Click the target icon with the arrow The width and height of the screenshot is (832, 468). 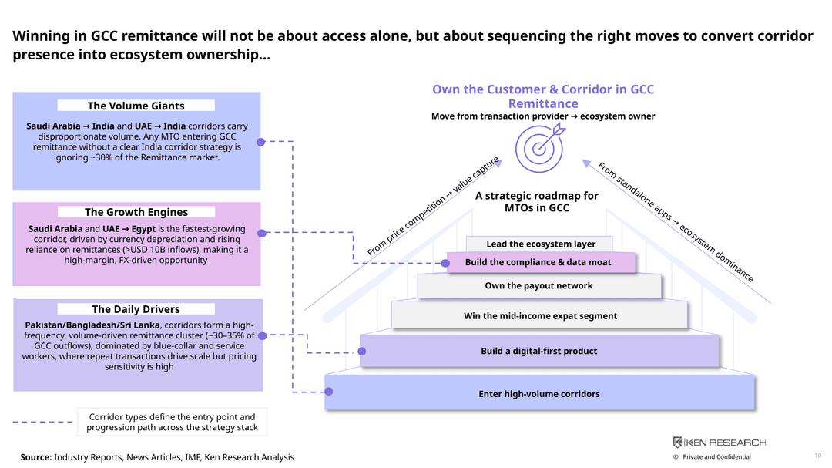click(x=539, y=148)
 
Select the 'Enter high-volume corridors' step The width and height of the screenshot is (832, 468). click(x=539, y=393)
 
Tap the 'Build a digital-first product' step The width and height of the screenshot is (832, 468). click(x=539, y=351)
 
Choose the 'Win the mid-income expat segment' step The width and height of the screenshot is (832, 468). click(x=539, y=315)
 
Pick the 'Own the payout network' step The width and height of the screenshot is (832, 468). click(x=539, y=286)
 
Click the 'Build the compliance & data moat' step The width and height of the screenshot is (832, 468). click(x=540, y=262)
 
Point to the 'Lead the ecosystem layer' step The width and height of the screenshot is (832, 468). click(x=539, y=244)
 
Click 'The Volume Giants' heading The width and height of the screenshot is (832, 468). click(x=136, y=106)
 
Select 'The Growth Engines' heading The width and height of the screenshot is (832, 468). click(x=136, y=212)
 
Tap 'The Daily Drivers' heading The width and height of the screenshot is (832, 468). click(x=136, y=309)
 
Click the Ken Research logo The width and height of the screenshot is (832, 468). click(x=719, y=443)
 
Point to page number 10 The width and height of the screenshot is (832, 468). click(x=817, y=456)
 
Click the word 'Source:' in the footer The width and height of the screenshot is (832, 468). click(x=36, y=457)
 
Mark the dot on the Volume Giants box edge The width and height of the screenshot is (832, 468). click(x=260, y=142)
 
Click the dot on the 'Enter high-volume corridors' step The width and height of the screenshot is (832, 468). click(x=329, y=392)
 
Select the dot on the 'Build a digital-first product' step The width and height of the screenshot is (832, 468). click(x=362, y=351)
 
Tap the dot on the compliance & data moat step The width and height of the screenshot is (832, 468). click(x=446, y=263)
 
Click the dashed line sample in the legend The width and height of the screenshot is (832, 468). click(x=42, y=422)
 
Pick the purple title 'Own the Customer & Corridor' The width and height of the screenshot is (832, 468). click(x=543, y=96)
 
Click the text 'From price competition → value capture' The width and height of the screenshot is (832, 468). click(x=433, y=206)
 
